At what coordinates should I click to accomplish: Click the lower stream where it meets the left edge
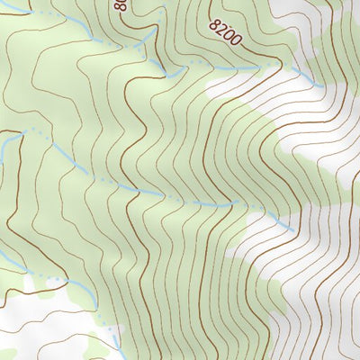point(2,261)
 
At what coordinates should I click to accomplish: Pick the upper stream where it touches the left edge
point(2,139)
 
